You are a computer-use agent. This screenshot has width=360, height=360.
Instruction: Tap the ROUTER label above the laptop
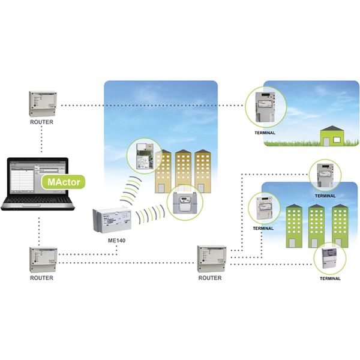point(41,122)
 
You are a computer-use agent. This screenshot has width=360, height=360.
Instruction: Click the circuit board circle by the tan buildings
point(143,155)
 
